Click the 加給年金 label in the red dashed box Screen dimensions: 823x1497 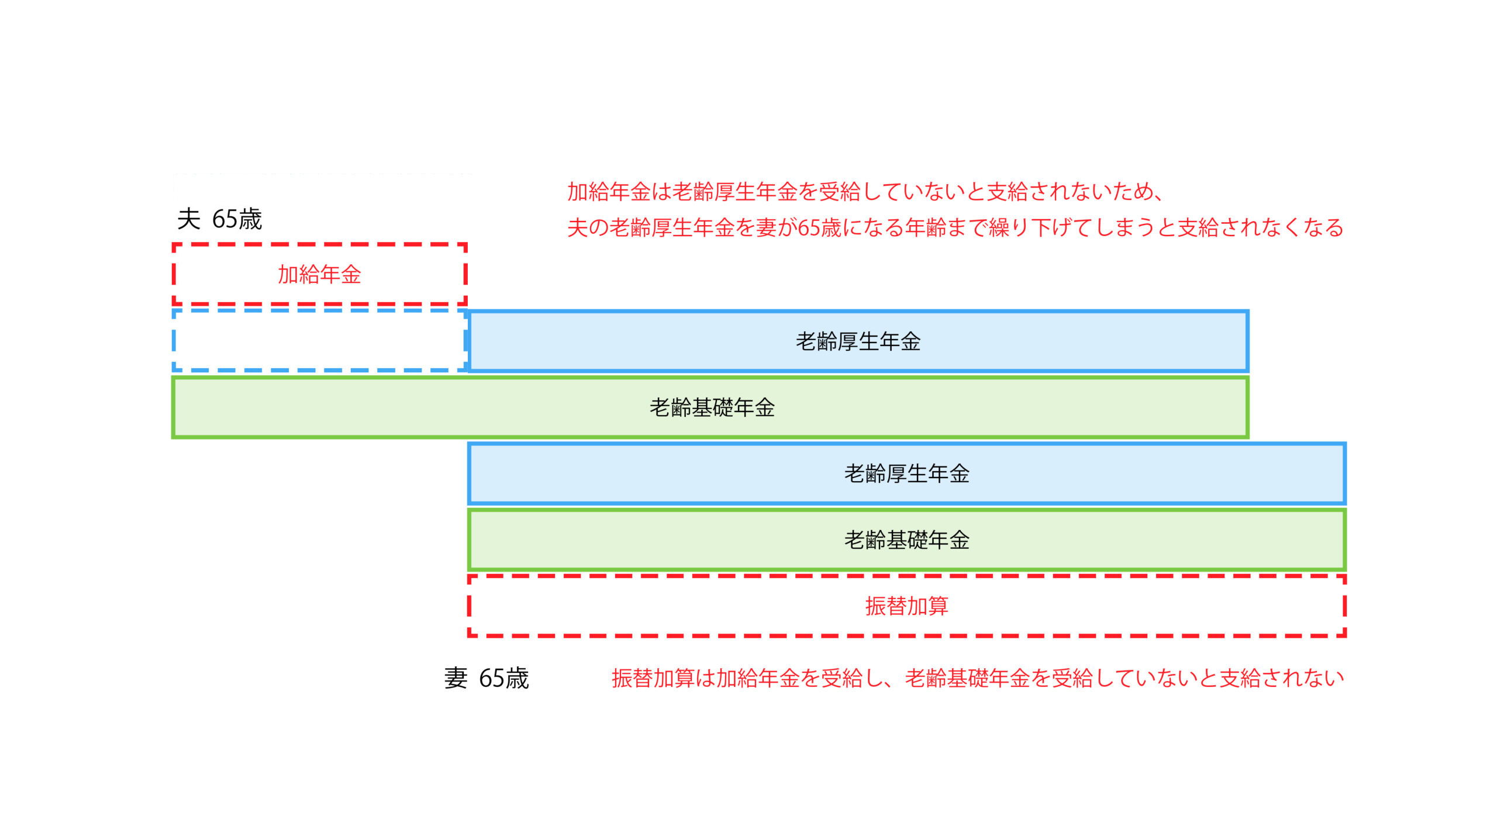coord(319,274)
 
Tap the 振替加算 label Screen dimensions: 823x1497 coord(906,606)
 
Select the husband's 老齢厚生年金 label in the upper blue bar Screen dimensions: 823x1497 coord(858,341)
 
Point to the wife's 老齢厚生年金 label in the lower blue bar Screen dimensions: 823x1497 coord(906,473)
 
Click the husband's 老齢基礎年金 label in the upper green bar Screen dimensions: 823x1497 coord(712,407)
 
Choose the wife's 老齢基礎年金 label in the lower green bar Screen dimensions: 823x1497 coord(906,540)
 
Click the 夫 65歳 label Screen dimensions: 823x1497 coord(219,219)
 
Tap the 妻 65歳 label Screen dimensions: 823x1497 coord(486,678)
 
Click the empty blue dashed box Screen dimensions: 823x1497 coord(319,340)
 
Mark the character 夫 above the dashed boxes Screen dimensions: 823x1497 coord(189,219)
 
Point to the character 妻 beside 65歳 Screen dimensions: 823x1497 coord(456,678)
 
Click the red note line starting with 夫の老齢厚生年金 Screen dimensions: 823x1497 coord(955,227)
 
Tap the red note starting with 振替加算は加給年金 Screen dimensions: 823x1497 coord(978,678)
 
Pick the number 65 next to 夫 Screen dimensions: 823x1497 coord(224,219)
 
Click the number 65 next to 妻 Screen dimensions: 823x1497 coord(491,678)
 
